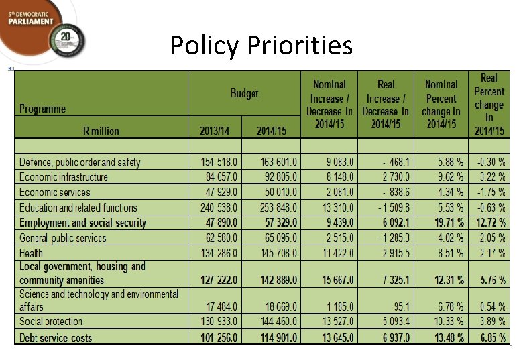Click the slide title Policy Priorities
261,46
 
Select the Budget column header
244,93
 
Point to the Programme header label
43,109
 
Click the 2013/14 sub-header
215,131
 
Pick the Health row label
31,253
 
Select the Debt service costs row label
56,338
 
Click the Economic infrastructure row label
64,177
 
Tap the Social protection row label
51,322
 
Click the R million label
101,131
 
